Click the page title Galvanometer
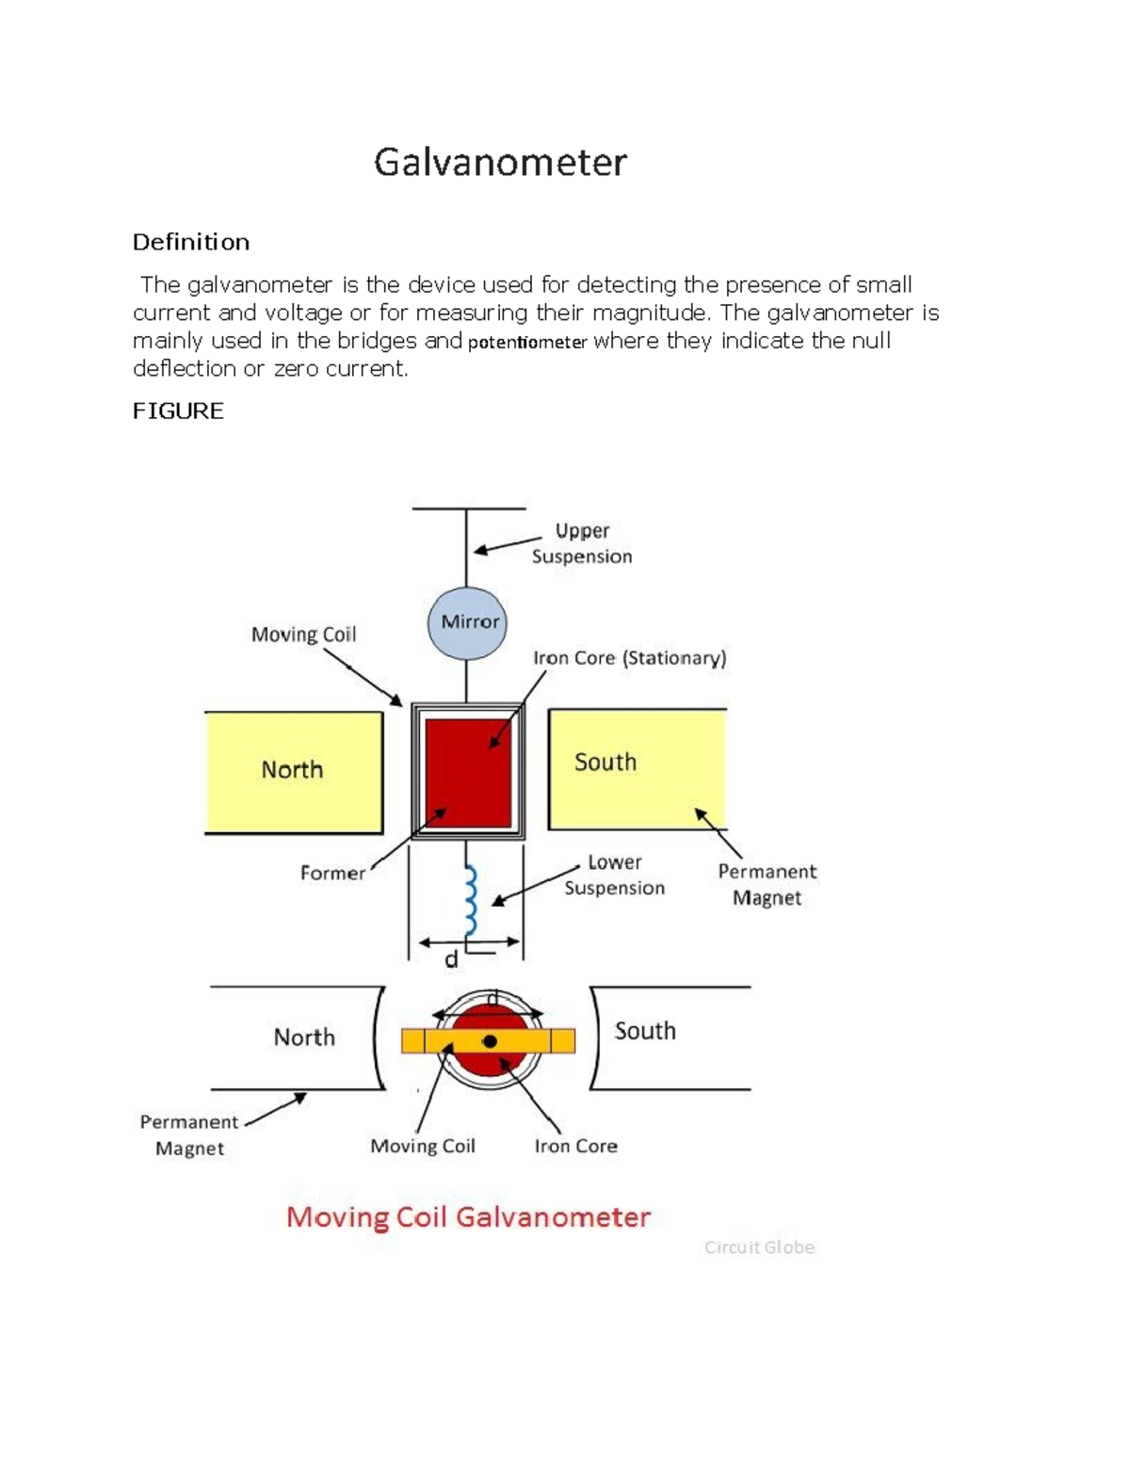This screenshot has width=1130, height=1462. click(500, 163)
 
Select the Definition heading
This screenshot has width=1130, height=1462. click(191, 243)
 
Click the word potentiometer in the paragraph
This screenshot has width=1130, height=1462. click(527, 343)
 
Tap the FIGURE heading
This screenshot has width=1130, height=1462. click(178, 411)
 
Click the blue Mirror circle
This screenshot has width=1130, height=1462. click(468, 622)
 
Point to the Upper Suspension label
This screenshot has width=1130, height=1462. click(582, 543)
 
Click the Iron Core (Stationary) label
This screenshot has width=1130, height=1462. click(629, 658)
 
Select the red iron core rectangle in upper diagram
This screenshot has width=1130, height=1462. click(468, 772)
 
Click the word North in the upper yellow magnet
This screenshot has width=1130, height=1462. click(292, 770)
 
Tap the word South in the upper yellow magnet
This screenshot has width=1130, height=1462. click(605, 763)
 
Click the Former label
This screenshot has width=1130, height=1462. click(332, 874)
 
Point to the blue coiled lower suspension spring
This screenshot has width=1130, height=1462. click(470, 900)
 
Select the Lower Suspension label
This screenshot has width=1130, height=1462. click(614, 876)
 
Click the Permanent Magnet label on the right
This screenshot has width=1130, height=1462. click(767, 885)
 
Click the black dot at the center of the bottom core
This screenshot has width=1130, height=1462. click(490, 1041)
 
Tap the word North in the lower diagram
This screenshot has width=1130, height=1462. click(304, 1037)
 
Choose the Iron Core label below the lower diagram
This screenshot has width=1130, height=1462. click(575, 1147)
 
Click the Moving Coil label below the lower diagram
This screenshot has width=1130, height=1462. click(423, 1147)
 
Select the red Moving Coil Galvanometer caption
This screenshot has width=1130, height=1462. click(468, 1217)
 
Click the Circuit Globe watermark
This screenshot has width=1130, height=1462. click(759, 1247)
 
